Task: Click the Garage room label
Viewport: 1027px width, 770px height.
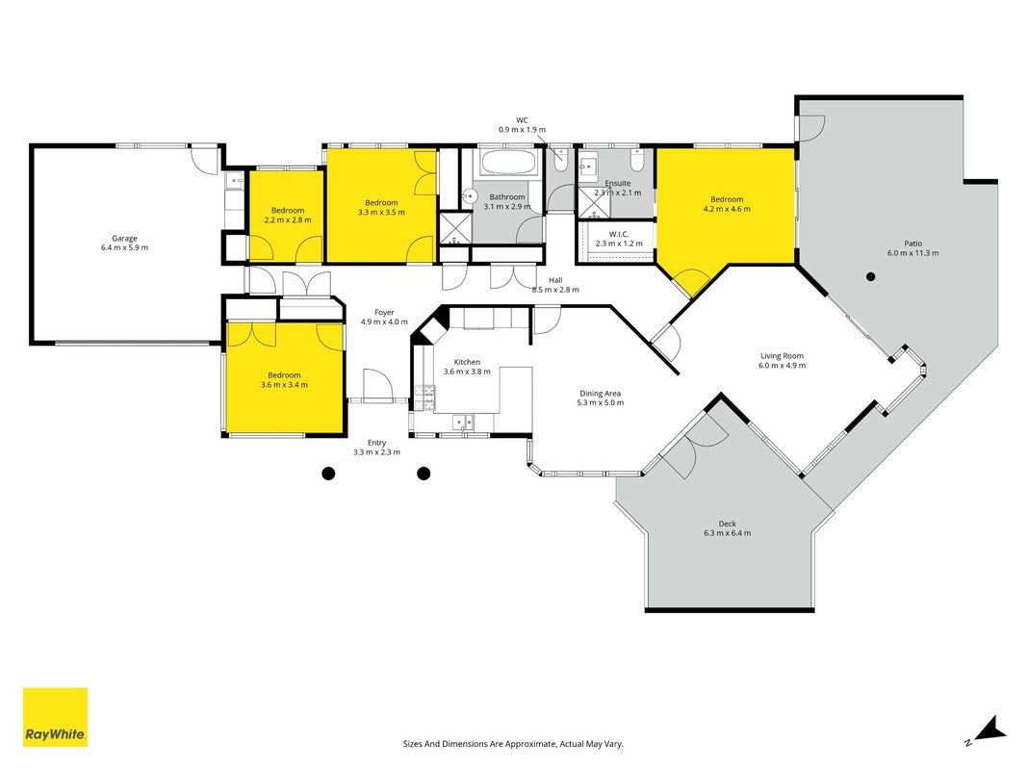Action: coord(124,239)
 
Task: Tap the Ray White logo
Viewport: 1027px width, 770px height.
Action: coord(55,717)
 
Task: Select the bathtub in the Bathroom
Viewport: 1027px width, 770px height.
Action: coord(509,163)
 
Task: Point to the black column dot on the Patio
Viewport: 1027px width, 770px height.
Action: coord(870,277)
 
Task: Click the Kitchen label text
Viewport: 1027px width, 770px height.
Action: coord(467,362)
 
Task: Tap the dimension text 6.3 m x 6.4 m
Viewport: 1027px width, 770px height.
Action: coord(727,533)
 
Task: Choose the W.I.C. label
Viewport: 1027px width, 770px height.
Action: coord(619,235)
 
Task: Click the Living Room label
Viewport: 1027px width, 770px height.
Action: coord(782,356)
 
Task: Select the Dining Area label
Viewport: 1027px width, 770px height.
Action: coord(600,394)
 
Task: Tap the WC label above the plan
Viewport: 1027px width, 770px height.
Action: coord(522,120)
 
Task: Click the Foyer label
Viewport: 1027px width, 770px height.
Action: coord(384,312)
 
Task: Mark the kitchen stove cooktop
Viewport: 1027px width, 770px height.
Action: coord(424,398)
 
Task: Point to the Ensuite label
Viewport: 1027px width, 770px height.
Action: coord(618,183)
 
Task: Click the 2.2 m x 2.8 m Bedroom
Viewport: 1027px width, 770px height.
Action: coord(288,215)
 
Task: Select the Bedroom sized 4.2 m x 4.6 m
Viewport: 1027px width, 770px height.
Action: coord(727,204)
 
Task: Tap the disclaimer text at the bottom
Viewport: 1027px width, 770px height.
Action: coord(513,744)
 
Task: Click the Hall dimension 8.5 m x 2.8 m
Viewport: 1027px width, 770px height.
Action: coord(555,290)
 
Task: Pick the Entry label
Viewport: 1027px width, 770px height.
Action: coord(376,443)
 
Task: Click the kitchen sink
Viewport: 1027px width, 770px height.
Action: coord(464,423)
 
